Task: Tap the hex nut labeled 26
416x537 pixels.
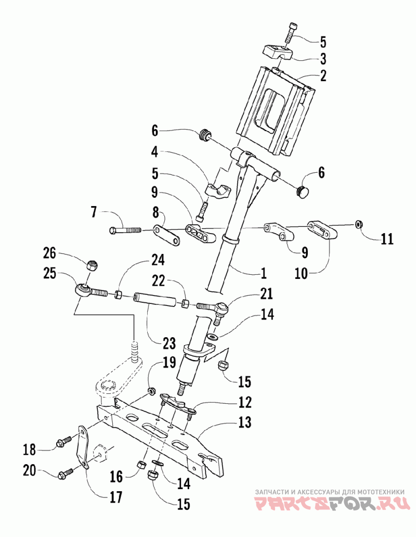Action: coord(91,265)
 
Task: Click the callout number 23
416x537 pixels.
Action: coord(169,343)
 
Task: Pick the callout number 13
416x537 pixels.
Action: coord(244,422)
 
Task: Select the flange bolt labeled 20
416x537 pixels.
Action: coord(67,472)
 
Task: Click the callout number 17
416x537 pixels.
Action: coord(116,497)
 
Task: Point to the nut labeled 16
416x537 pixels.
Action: coord(140,465)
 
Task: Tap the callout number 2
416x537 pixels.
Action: coord(322,75)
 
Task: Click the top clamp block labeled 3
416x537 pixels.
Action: coord(278,53)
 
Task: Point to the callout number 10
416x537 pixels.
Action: coord(301,274)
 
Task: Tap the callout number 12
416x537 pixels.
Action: coord(245,402)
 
